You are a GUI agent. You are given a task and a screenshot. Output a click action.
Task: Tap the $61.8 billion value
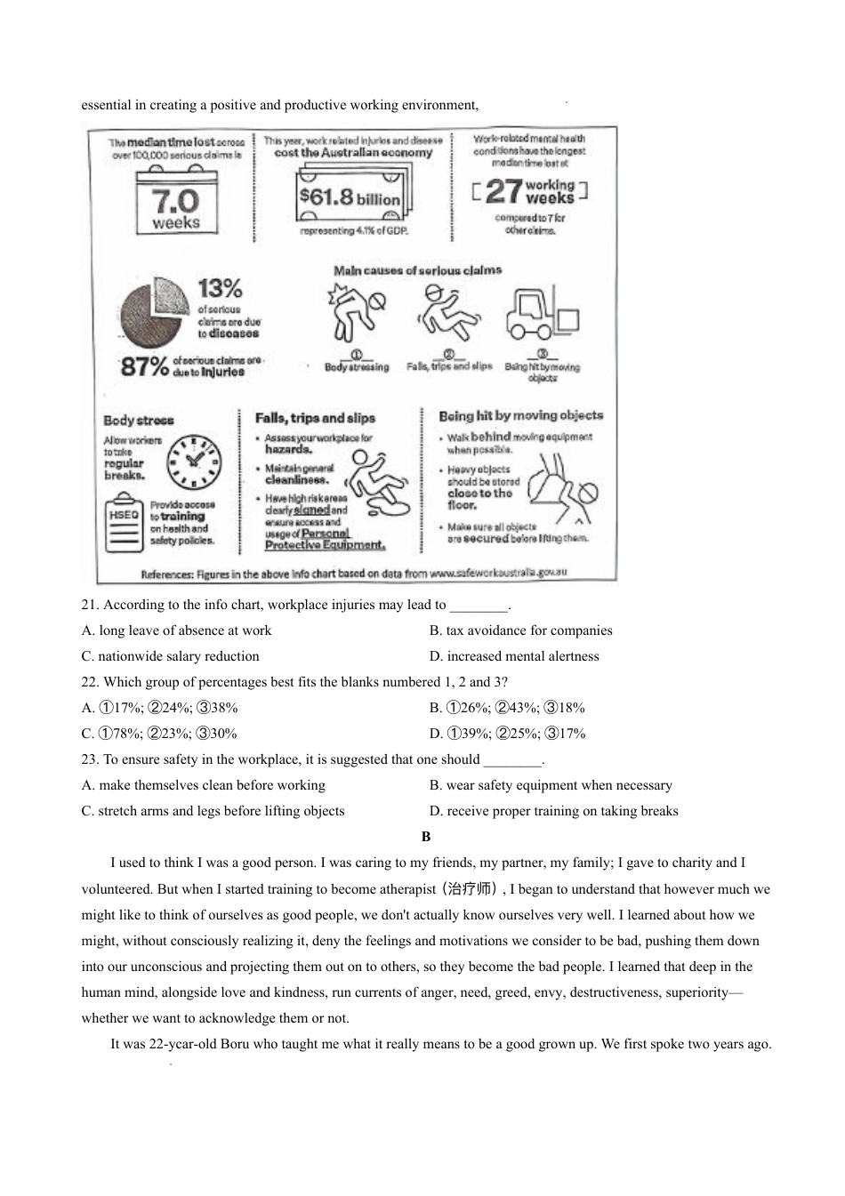pos(350,197)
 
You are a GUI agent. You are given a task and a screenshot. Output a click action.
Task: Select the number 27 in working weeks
pos(503,190)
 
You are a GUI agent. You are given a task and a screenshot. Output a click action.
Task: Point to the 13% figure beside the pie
pos(220,288)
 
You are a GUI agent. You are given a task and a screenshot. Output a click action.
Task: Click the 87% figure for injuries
pos(144,365)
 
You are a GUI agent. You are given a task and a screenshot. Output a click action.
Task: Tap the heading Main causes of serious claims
pos(417,270)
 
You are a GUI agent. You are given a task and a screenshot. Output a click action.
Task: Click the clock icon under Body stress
pos(194,462)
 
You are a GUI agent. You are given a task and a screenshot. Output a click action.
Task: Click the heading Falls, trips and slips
pos(315,418)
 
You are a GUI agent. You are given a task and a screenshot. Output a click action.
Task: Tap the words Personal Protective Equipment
pos(324,540)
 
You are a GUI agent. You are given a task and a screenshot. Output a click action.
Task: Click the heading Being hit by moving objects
pos(520,415)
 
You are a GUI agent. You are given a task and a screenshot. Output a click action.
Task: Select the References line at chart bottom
pos(353,574)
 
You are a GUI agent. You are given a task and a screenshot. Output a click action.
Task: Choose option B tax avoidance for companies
pos(520,630)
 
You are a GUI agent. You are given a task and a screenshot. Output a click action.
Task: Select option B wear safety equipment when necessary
pos(551,785)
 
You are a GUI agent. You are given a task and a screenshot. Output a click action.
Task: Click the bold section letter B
pos(426,837)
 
